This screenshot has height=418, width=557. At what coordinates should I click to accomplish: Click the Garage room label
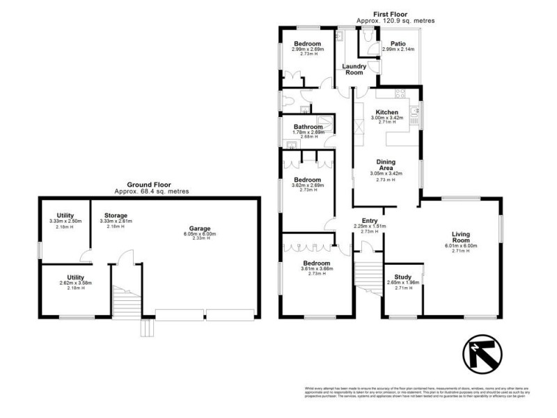pyautogui.click(x=199, y=228)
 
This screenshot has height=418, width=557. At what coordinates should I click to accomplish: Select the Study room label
pyautogui.click(x=402, y=276)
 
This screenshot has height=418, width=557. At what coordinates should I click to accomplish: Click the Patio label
pyautogui.click(x=398, y=43)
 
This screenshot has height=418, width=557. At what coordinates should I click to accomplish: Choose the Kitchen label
pyautogui.click(x=386, y=112)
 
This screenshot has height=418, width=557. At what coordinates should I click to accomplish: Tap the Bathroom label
pyautogui.click(x=308, y=127)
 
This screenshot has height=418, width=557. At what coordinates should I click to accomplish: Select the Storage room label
pyautogui.click(x=116, y=215)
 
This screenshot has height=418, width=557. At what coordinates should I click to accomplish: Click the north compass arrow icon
pyautogui.click(x=481, y=353)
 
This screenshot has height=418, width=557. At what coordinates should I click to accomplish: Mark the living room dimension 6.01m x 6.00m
pyautogui.click(x=462, y=245)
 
